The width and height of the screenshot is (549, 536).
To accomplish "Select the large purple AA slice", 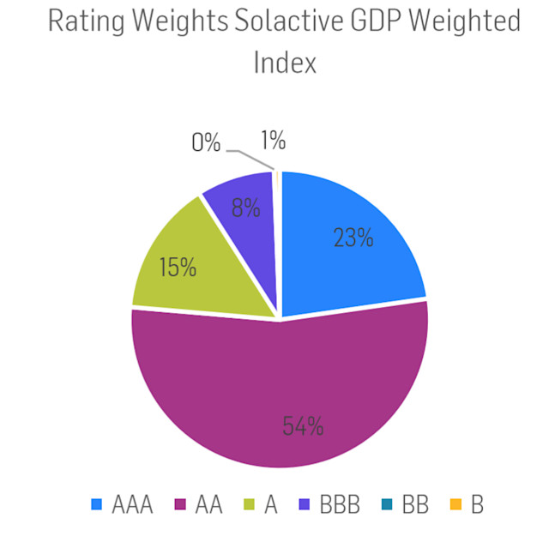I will tap(283, 394).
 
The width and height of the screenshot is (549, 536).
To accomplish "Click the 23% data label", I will tap(353, 238).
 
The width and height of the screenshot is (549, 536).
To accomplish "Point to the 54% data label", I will tap(303, 425).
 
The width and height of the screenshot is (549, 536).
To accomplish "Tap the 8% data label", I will tap(246, 208).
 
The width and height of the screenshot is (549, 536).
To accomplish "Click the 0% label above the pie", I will tap(207, 142).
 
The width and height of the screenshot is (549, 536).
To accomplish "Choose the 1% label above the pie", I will tap(273, 141).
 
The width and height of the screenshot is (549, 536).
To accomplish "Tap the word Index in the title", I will tap(285, 62).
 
